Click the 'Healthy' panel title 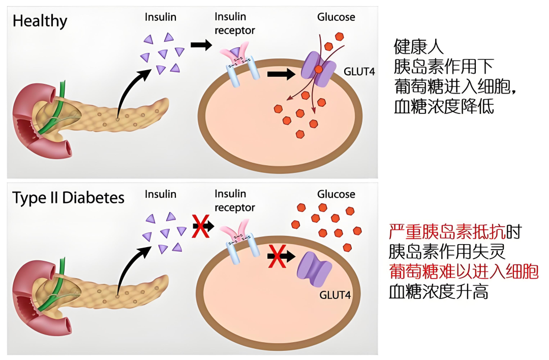pos(40,21)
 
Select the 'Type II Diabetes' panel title pos(68,198)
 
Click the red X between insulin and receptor pos(201,226)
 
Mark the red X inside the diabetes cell pos(277,256)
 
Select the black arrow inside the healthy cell pos(281,75)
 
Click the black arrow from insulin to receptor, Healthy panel pos(201,45)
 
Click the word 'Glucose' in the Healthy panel pos(336,17)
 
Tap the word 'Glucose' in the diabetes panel pos(336,194)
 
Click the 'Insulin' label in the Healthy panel pos(161,17)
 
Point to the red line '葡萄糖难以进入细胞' pos(463,272)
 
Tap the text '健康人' pos(419,47)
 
